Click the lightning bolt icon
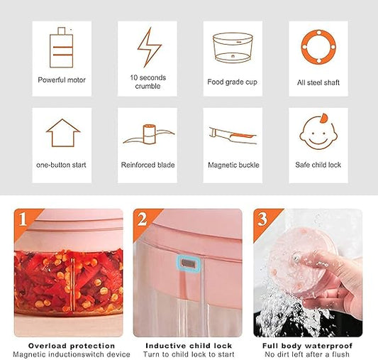point(148,47)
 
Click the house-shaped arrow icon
point(62,133)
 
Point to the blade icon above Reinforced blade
point(148,135)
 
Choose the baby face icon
point(318,132)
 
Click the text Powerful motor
point(62,80)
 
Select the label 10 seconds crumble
point(148,81)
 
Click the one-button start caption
point(61,165)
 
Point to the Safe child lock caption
point(318,165)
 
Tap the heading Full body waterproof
point(308,344)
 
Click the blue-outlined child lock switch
point(187,263)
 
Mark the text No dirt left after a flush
point(308,354)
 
